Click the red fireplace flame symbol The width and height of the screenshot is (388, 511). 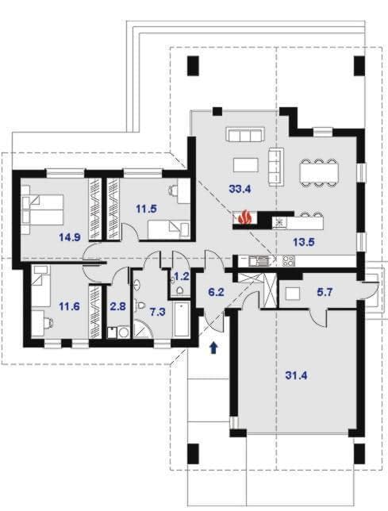(x=245, y=217)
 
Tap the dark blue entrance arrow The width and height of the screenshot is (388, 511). (x=213, y=348)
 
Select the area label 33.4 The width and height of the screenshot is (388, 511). (x=240, y=189)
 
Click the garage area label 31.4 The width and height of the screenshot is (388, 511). (x=296, y=376)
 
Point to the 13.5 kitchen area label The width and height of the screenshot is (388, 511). (x=303, y=242)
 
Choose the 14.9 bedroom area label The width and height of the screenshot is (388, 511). (x=70, y=237)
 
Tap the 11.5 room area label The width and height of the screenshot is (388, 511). (x=146, y=209)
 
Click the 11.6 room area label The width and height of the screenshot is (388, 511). (x=69, y=306)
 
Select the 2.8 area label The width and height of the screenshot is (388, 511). (x=118, y=306)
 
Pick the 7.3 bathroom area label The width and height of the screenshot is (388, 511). (x=157, y=312)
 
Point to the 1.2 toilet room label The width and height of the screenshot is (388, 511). (x=182, y=277)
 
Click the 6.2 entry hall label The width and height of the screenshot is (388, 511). (x=216, y=292)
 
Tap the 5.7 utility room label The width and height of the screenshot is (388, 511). (x=325, y=292)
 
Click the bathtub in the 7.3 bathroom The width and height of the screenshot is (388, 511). (x=182, y=320)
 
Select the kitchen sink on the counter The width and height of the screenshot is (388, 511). (x=259, y=261)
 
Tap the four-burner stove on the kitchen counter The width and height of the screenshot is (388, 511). (x=289, y=261)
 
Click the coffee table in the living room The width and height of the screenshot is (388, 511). (x=246, y=165)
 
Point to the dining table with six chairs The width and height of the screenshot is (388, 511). (x=318, y=172)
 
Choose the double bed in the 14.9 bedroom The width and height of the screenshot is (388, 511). (x=42, y=209)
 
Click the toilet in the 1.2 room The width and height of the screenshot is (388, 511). (x=179, y=290)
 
